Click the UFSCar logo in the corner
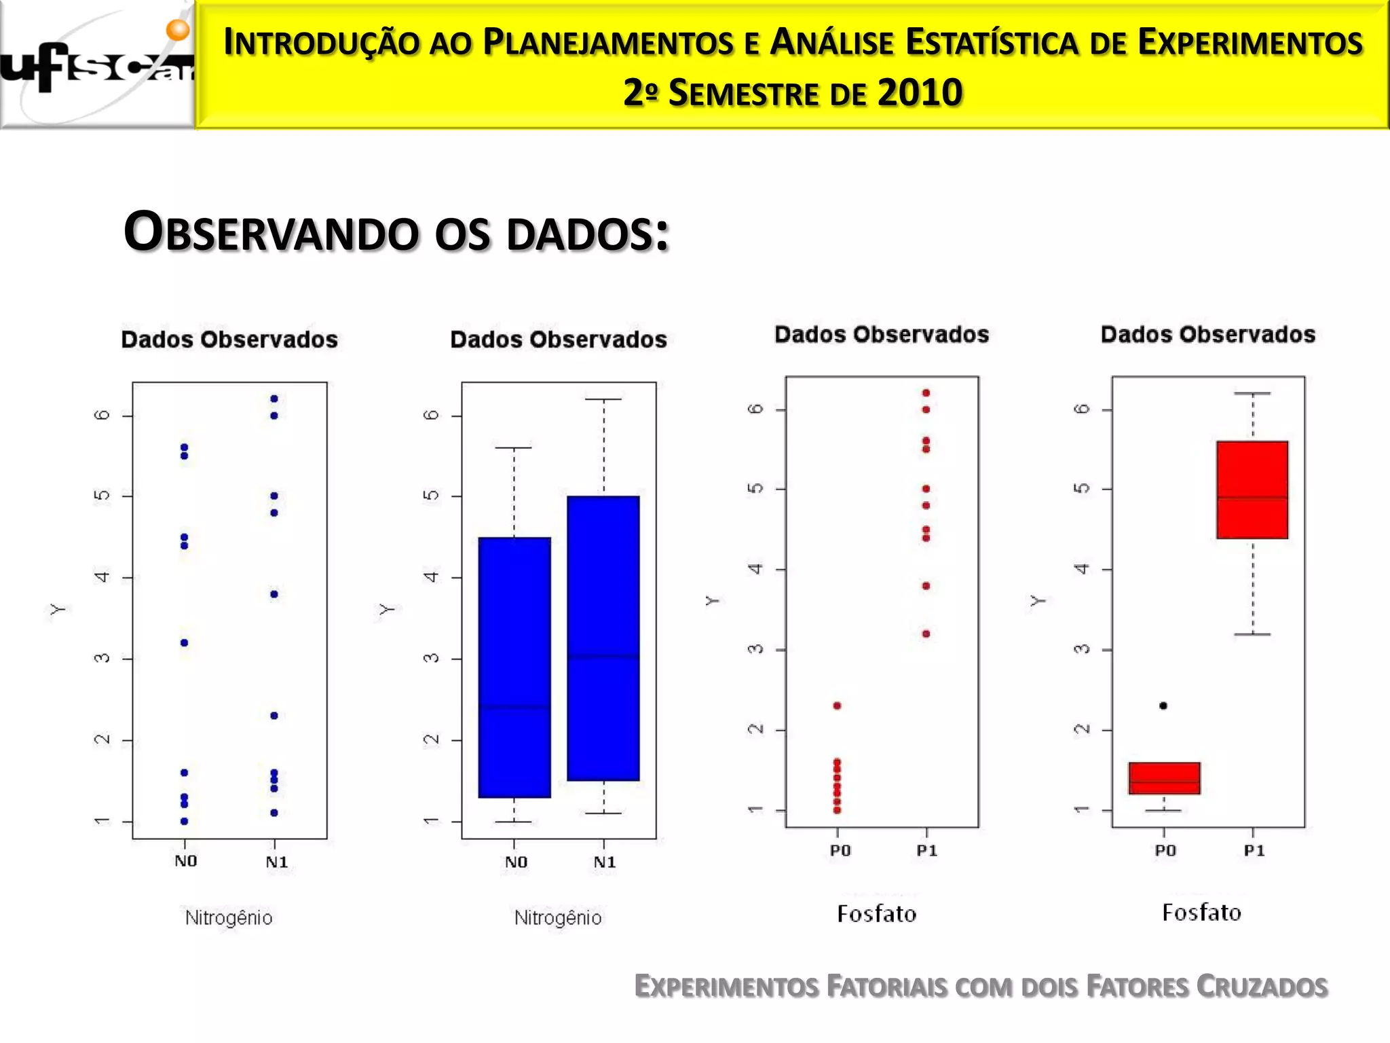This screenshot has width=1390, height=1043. (x=97, y=65)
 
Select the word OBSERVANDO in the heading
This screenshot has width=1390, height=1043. (x=271, y=233)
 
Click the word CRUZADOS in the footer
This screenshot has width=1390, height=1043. (x=1261, y=987)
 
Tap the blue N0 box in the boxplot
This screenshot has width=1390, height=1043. (x=514, y=667)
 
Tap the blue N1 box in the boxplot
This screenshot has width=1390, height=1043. (x=603, y=638)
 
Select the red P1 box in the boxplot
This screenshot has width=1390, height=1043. (x=1252, y=490)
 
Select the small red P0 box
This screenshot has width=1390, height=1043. (x=1165, y=778)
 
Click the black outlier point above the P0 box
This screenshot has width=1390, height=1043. (x=1163, y=706)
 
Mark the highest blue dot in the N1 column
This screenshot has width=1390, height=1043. (x=274, y=399)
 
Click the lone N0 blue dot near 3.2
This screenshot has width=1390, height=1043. (x=184, y=642)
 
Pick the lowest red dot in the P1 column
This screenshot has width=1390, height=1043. (x=926, y=634)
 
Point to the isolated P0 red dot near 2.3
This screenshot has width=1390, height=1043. (x=837, y=706)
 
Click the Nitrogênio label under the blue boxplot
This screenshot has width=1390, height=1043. (x=558, y=917)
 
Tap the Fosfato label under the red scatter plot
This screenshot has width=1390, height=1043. (x=876, y=914)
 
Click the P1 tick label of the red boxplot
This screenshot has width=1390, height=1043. (x=1254, y=851)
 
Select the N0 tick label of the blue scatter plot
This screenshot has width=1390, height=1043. (x=185, y=861)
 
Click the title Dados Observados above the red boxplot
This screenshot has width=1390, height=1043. (x=1207, y=334)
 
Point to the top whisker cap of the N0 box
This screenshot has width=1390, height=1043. (x=514, y=448)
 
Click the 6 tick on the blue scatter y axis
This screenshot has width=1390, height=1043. (x=102, y=415)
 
